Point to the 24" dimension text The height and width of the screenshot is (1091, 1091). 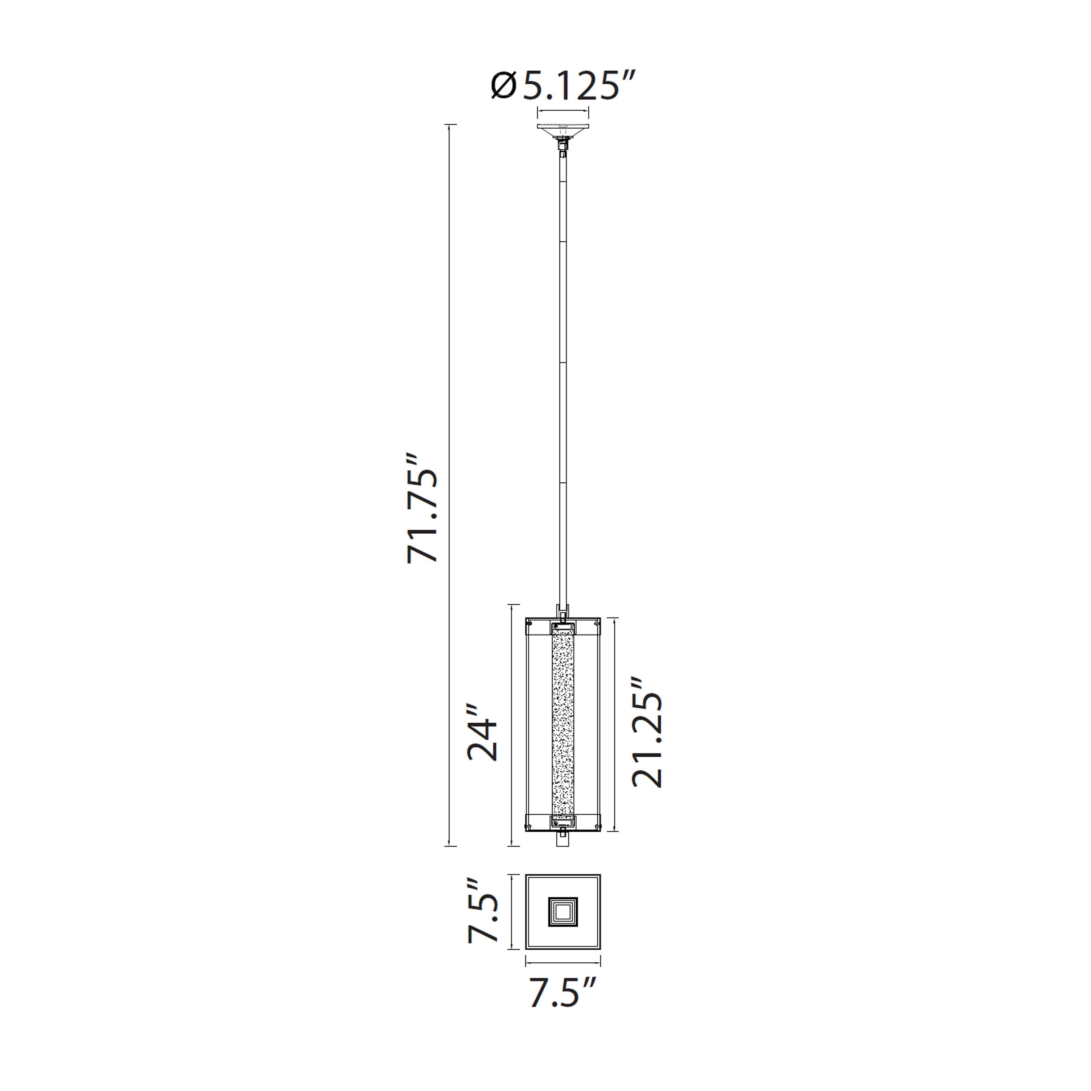[483, 732]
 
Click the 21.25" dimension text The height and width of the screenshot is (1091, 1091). [647, 732]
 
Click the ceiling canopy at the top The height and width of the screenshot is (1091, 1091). [563, 130]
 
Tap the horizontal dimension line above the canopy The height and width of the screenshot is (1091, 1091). [563, 112]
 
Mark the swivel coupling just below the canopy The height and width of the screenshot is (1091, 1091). [563, 148]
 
